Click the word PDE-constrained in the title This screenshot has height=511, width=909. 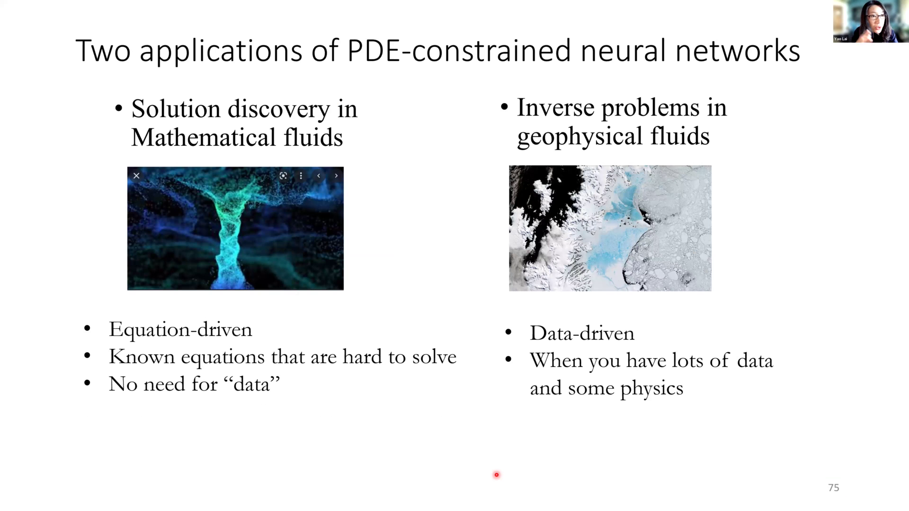(459, 50)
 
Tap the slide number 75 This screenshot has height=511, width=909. (834, 488)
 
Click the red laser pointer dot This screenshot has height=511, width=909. (497, 475)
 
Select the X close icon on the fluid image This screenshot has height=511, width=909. (136, 176)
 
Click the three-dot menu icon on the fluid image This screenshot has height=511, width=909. (301, 176)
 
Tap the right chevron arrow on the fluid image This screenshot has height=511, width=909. (336, 176)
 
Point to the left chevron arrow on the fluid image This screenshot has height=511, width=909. (319, 176)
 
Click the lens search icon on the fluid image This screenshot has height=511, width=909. (283, 176)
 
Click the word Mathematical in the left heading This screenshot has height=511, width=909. (203, 138)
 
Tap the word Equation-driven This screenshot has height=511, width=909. (180, 329)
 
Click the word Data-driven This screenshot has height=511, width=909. (582, 334)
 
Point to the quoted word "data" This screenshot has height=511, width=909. (251, 384)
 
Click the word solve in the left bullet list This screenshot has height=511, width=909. (434, 357)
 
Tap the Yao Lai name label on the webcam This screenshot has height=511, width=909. (841, 39)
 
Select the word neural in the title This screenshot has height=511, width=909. (623, 50)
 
